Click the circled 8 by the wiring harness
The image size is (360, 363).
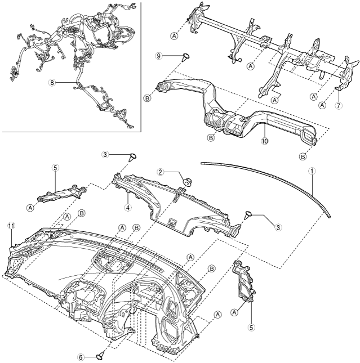pos(52,82)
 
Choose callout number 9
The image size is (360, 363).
pos(159,56)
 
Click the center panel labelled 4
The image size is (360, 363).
pos(175,203)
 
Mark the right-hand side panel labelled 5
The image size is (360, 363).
pos(243,284)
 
